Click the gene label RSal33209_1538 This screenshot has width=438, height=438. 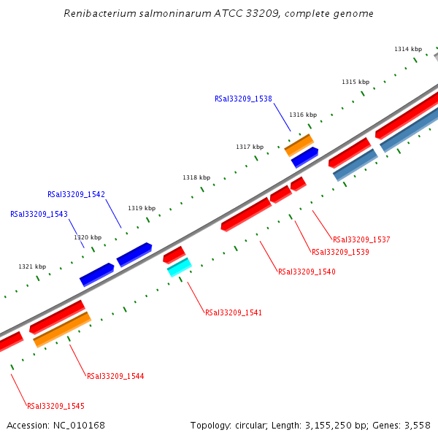243,99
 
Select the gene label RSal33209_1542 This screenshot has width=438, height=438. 76,195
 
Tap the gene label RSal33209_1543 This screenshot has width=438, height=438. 39,215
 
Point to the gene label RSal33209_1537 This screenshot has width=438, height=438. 361,239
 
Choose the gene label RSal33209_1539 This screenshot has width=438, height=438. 340,253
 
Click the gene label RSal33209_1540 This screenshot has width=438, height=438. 307,272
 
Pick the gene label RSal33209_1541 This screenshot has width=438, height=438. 233,312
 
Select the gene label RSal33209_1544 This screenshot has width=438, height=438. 115,377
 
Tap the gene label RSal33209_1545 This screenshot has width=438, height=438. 55,406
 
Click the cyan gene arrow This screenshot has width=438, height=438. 179,268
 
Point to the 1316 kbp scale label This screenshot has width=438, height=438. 303,115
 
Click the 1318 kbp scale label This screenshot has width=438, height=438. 196,177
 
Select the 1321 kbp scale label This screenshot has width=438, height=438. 32,266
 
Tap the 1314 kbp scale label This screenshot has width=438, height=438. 408,49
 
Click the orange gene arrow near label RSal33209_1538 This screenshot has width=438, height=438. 299,145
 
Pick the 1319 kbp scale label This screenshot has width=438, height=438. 142,208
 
